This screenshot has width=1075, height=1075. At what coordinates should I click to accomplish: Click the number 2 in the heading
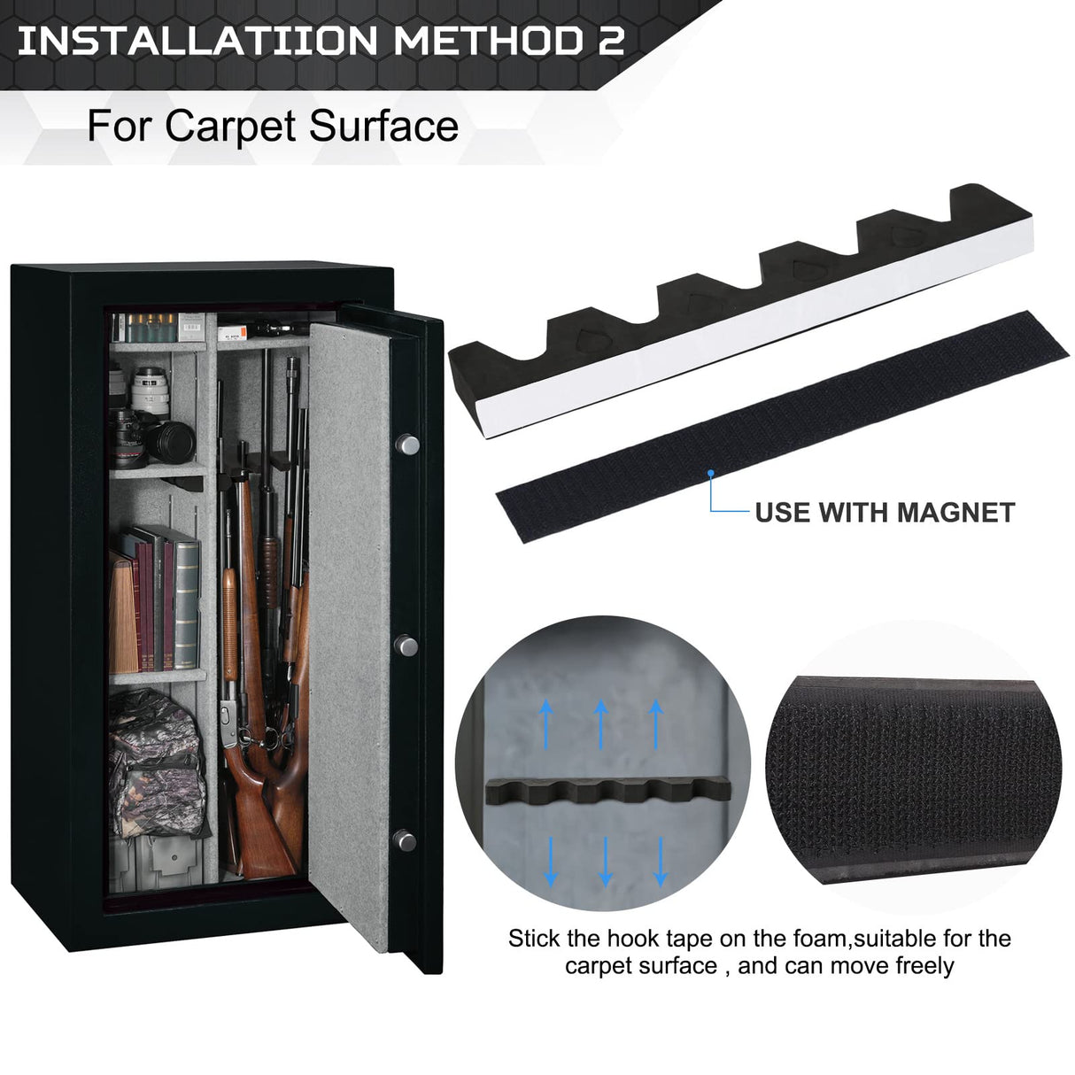[x=610, y=41]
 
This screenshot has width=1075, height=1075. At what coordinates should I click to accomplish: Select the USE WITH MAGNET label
[x=884, y=512]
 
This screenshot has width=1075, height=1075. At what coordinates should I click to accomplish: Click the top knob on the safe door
[x=407, y=444]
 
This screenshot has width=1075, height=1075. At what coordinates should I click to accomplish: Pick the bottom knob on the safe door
[x=404, y=837]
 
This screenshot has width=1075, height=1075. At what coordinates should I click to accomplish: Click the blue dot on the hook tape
[x=711, y=475]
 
